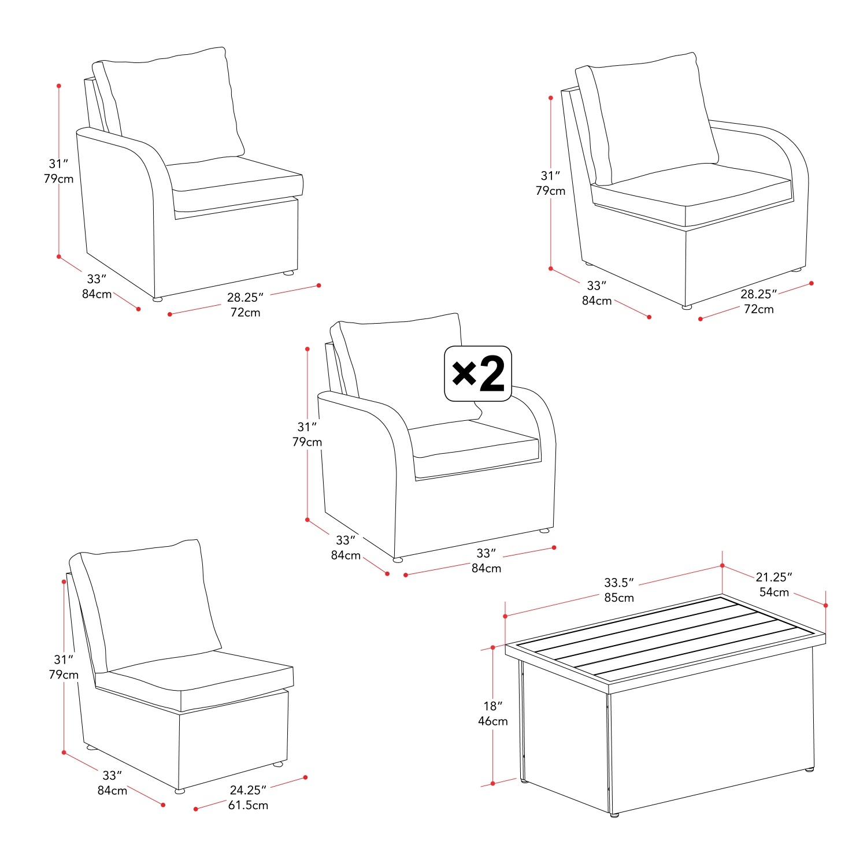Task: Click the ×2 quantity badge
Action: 477,373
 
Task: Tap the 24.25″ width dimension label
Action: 247,790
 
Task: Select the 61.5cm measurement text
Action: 248,805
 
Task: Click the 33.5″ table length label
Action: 618,583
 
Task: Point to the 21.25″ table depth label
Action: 773,577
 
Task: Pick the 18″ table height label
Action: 492,706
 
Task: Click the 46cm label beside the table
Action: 492,721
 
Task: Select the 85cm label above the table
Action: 618,598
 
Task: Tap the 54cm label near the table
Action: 773,592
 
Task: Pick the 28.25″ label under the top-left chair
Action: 244,297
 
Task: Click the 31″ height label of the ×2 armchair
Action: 307,427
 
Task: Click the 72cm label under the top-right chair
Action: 758,309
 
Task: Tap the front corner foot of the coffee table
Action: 614,814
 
